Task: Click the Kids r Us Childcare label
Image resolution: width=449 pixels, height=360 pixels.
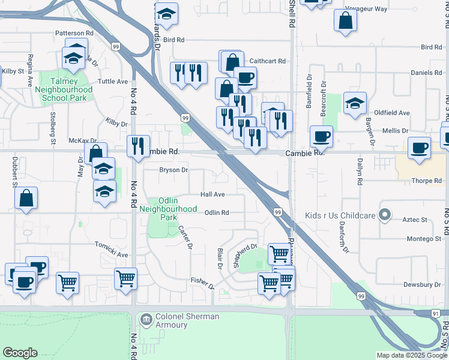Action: click(x=340, y=215)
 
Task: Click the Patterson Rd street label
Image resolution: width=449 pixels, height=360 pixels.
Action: click(x=74, y=33)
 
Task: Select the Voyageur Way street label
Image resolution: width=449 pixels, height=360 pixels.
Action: click(x=366, y=9)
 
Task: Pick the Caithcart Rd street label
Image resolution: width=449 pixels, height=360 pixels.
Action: click(x=268, y=61)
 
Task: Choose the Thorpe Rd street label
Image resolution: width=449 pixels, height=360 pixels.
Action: click(x=427, y=180)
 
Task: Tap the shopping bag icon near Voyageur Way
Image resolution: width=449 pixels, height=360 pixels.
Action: click(x=346, y=20)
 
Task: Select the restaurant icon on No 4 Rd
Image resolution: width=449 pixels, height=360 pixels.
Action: click(x=138, y=146)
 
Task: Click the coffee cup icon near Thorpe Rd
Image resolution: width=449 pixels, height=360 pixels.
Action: click(x=419, y=148)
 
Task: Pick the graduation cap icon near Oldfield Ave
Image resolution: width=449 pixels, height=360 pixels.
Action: click(x=355, y=102)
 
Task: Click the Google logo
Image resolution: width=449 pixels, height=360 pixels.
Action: click(x=20, y=353)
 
